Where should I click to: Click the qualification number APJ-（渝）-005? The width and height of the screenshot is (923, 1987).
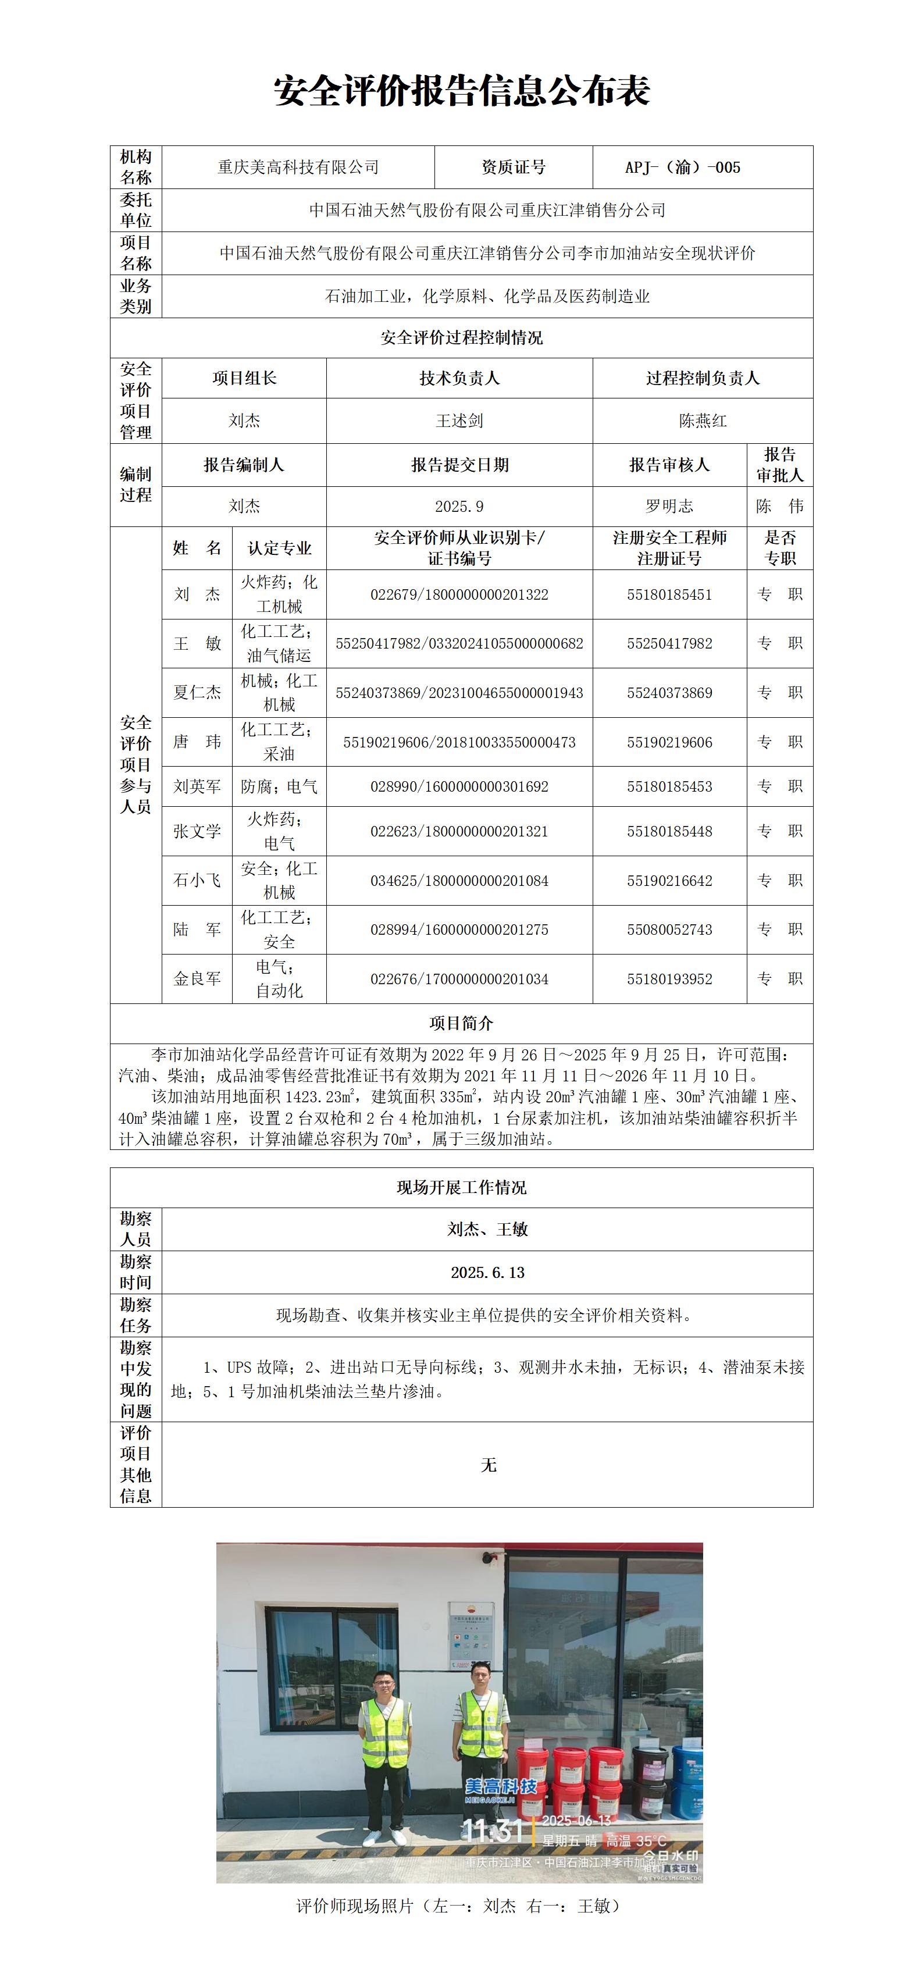[x=682, y=168]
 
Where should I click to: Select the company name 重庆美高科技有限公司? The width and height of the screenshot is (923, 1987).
[x=298, y=168]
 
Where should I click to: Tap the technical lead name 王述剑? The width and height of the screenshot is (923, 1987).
[x=459, y=421]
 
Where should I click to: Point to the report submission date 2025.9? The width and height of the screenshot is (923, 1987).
[x=459, y=506]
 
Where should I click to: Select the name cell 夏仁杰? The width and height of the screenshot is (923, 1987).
[x=197, y=693]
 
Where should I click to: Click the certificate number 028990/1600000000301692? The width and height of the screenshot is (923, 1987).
[x=459, y=787]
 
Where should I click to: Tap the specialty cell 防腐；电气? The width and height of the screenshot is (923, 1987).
[x=279, y=787]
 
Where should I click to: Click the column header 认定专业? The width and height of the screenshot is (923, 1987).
[x=279, y=549]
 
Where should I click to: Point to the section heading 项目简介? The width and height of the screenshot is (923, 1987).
[x=461, y=1024]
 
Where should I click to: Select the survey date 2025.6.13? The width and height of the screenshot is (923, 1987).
[x=487, y=1273]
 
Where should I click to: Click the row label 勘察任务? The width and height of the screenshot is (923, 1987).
[x=136, y=1315]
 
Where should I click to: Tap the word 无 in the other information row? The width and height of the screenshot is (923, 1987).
[x=487, y=1465]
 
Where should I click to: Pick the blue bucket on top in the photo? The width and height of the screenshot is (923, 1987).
[x=689, y=1753]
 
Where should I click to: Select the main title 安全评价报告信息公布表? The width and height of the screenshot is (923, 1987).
[x=461, y=91]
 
